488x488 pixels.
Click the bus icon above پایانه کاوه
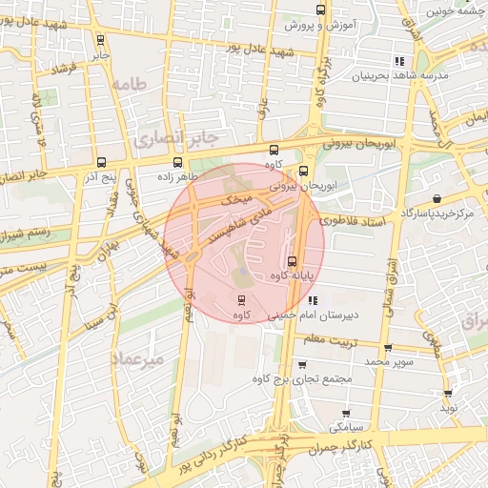292,261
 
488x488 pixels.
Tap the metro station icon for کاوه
240,300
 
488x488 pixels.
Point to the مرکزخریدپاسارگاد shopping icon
437,199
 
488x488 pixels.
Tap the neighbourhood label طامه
132,84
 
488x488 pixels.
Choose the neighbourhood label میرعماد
138,357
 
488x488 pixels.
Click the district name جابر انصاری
176,139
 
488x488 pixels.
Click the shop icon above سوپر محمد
387,349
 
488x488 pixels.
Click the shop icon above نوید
448,392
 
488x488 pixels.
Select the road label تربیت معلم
352,337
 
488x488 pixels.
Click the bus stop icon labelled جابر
101,39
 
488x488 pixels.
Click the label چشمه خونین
452,10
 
